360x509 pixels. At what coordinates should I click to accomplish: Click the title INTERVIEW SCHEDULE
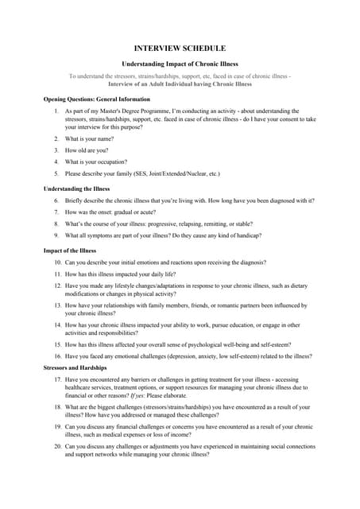pos(180,49)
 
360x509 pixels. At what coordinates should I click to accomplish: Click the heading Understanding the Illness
pos(76,188)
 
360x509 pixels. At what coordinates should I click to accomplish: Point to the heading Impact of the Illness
pos(70,251)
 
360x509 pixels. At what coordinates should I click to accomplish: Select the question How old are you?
pos(89,150)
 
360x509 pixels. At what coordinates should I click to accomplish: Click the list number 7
pos(56,212)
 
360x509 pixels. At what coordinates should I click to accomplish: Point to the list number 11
pos(58,274)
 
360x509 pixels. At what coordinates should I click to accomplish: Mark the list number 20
pos(58,446)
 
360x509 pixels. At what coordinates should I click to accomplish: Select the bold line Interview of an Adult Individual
pos(180,84)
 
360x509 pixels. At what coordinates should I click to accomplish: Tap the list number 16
pos(58,356)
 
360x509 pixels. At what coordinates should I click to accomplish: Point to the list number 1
pos(56,111)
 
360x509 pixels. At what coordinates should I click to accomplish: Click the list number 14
pos(58,324)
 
